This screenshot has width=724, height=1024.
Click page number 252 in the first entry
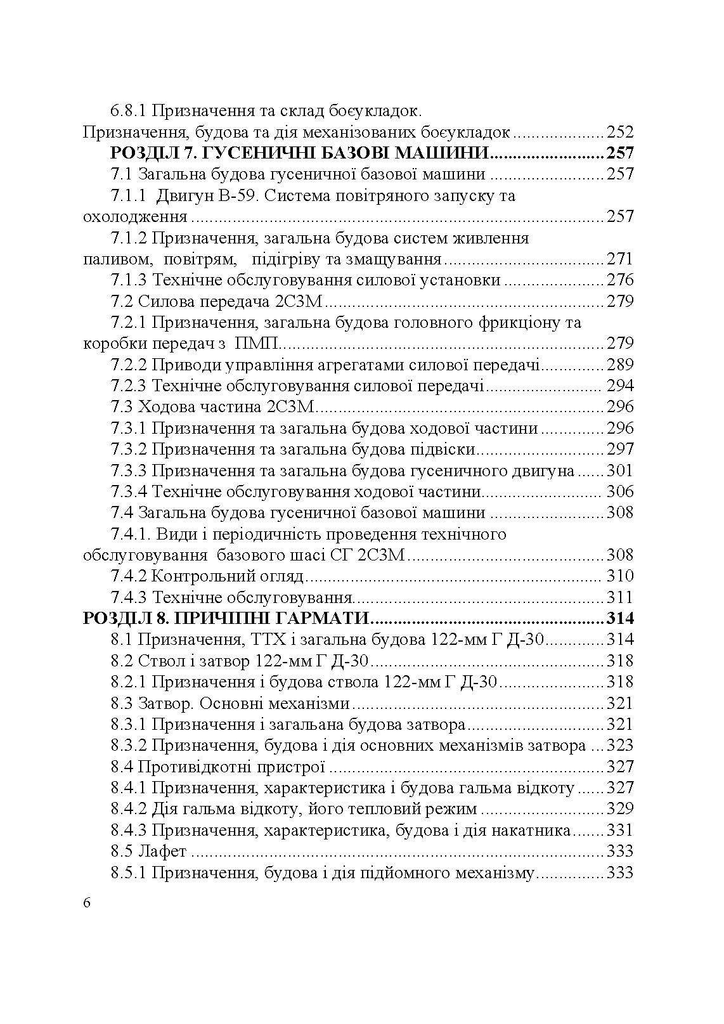click(x=619, y=133)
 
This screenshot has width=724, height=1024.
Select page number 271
click(x=619, y=259)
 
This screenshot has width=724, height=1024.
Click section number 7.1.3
click(x=129, y=280)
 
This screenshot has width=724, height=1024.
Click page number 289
click(x=619, y=365)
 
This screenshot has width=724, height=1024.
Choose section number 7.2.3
click(x=129, y=386)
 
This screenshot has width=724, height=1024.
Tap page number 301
click(x=619, y=470)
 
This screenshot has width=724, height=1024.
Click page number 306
click(x=619, y=491)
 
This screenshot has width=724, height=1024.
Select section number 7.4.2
click(x=129, y=576)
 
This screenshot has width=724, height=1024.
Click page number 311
click(x=619, y=597)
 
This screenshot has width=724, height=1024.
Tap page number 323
click(x=619, y=745)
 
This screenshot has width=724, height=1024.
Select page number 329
click(x=619, y=808)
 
